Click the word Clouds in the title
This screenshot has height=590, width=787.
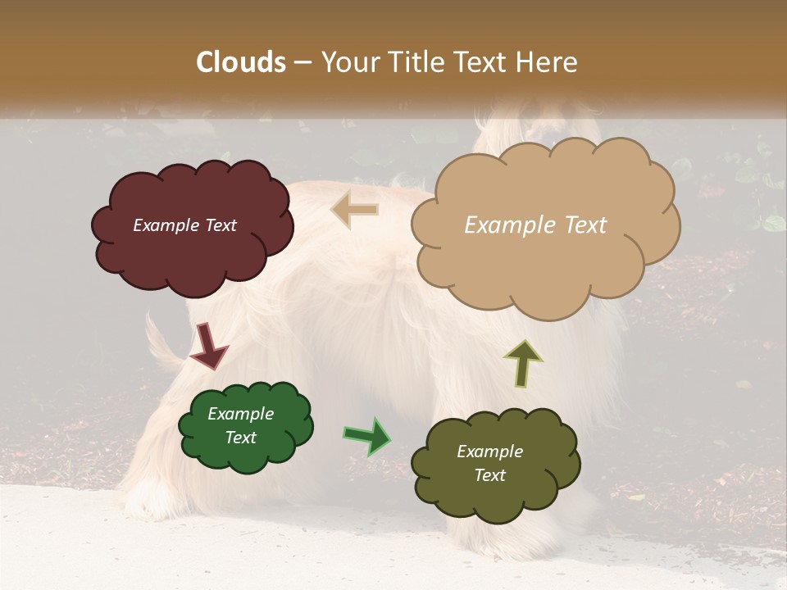coord(241,62)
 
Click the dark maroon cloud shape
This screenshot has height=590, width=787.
coord(193,254)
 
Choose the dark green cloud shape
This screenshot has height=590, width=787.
coord(246,455)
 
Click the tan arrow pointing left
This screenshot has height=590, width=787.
coord(355,209)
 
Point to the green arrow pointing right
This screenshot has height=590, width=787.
coord(367,436)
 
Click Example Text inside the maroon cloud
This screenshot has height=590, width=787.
coord(184,225)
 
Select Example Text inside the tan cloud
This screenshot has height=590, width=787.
coord(535,225)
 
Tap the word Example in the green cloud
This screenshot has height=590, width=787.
coord(240,414)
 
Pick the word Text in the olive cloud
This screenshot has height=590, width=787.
coord(489,475)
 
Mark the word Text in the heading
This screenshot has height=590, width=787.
coord(486,62)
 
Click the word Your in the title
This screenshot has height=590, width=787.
coord(348,62)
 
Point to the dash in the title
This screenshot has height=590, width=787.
coord(303,62)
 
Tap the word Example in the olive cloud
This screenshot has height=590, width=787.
coord(489,452)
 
